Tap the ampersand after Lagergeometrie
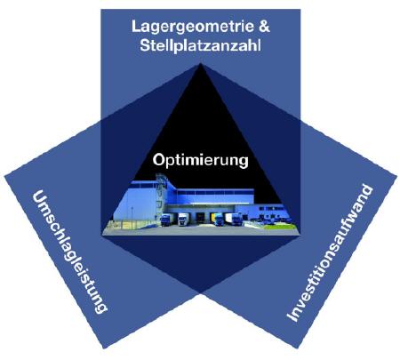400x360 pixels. point(264,26)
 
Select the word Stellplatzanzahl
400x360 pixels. point(200,46)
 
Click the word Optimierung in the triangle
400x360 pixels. point(200,161)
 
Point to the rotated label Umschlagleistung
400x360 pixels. point(69,252)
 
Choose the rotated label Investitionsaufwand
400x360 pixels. point(329,253)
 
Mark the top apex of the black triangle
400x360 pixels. point(200,63)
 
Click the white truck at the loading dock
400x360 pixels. point(183,220)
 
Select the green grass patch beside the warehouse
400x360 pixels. point(280,227)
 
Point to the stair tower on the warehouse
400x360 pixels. point(160,193)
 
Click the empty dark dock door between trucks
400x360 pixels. point(201,218)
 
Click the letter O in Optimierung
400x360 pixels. point(158,160)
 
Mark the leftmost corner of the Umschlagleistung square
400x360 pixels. point(4,177)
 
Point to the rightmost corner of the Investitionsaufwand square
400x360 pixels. point(396,177)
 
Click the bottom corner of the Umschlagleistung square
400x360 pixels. point(104,348)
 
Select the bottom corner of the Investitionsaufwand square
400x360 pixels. point(297,348)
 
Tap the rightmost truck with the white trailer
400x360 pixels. point(233,220)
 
